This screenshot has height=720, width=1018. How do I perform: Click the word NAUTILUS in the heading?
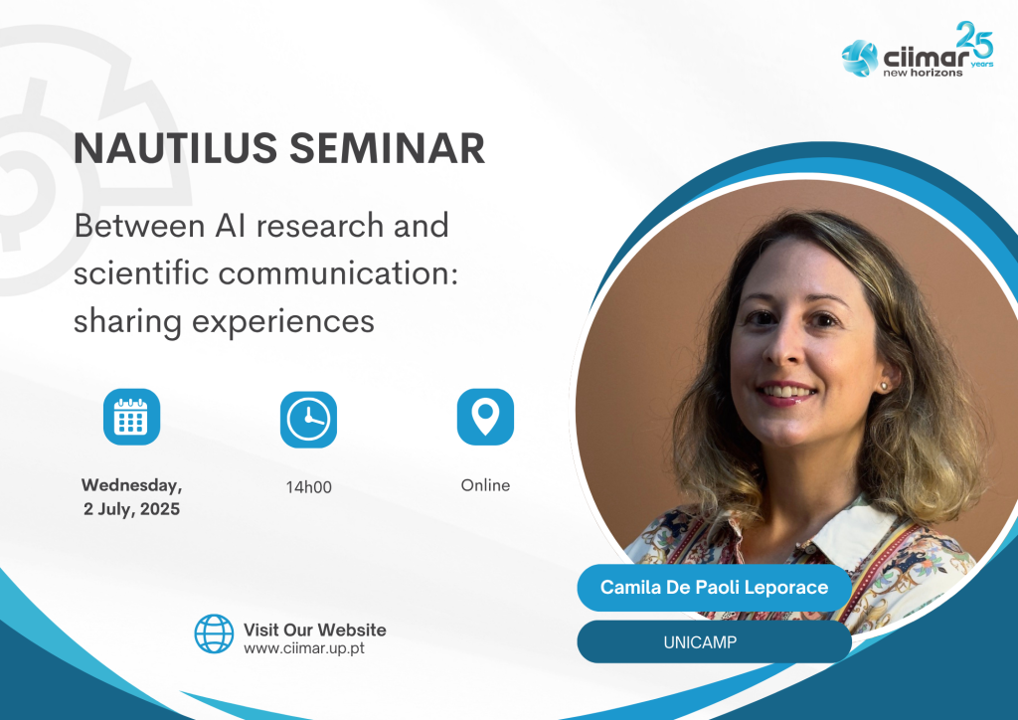(175, 148)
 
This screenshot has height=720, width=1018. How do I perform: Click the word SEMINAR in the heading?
(387, 148)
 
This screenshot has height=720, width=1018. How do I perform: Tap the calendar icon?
(132, 417)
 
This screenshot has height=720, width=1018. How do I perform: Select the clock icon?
(308, 420)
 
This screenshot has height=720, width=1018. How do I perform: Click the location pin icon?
(485, 417)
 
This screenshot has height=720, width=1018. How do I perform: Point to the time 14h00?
(309, 487)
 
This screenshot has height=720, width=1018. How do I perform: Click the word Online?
(485, 485)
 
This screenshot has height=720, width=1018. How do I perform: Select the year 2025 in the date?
(160, 508)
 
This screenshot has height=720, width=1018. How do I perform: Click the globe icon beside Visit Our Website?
(215, 633)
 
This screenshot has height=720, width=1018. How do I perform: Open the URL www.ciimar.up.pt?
(304, 648)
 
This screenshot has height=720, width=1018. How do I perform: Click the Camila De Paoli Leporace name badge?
(714, 588)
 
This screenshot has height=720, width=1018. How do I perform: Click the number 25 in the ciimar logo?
(975, 40)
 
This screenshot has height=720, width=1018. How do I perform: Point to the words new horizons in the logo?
(923, 73)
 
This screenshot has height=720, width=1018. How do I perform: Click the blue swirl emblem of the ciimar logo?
(860, 58)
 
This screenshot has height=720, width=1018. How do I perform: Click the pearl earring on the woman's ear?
(884, 386)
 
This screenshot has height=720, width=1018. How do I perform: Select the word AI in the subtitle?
(230, 226)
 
